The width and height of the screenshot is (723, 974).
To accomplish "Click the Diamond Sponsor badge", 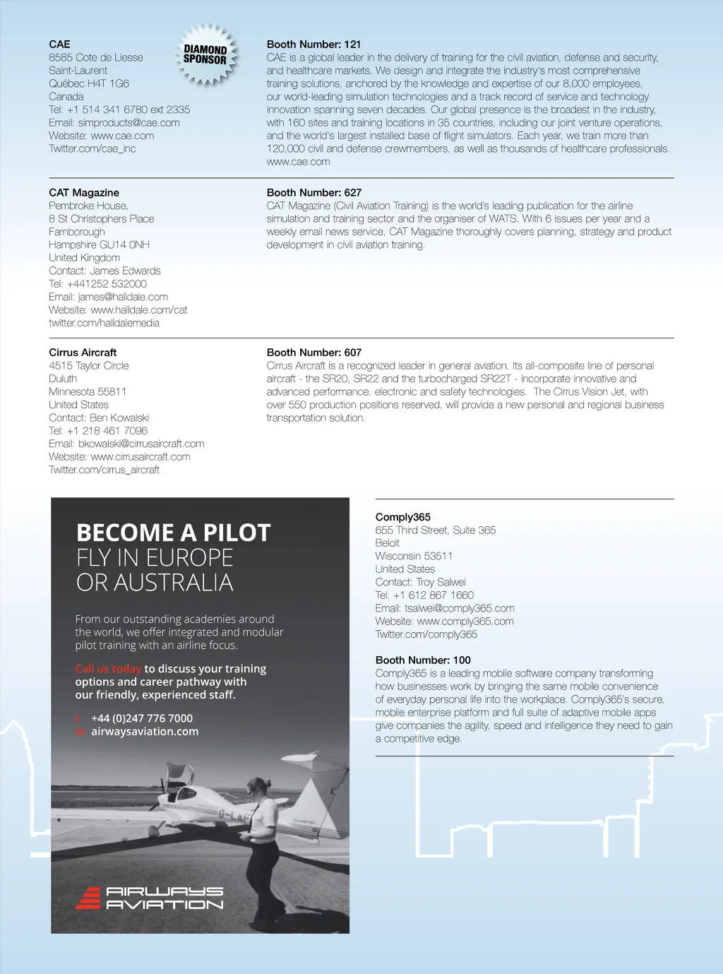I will click(205, 55).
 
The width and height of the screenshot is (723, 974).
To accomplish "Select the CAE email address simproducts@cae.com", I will click(129, 123).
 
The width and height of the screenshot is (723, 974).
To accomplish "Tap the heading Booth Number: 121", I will click(313, 44).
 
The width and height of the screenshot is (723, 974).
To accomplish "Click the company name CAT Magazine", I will click(84, 193).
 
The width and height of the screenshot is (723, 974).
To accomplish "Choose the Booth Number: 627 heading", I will click(314, 193).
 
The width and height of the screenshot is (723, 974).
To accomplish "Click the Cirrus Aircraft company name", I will click(83, 352).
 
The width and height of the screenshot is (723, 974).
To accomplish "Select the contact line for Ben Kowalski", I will click(99, 418).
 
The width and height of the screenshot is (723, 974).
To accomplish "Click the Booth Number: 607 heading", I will click(314, 352).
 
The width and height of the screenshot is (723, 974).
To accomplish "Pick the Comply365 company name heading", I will click(402, 517).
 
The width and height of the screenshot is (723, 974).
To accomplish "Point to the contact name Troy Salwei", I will click(441, 583).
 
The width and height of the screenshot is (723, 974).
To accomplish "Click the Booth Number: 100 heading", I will click(423, 660).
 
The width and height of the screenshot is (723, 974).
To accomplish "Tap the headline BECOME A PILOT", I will click(173, 533).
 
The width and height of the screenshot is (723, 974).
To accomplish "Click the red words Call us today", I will click(108, 669).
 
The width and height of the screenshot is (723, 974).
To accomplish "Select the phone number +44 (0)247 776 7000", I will click(142, 718).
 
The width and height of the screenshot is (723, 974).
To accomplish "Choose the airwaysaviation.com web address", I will click(145, 732).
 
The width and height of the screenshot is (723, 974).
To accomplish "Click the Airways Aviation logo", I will click(150, 898).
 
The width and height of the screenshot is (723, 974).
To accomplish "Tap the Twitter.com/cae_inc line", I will click(92, 149).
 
